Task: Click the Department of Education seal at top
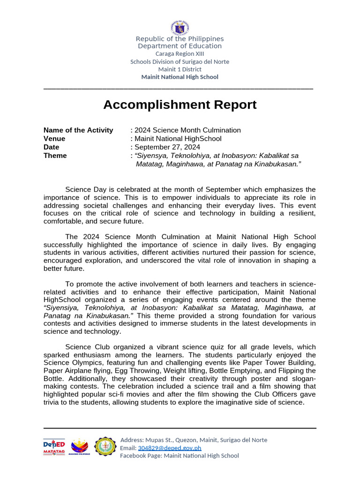click(x=180, y=27)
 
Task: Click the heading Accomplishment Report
click(x=180, y=105)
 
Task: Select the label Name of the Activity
click(x=78, y=130)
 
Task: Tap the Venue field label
click(x=54, y=139)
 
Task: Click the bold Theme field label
click(x=55, y=156)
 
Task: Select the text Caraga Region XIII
click(x=180, y=54)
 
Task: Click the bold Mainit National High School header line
click(x=180, y=77)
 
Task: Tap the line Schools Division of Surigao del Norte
click(x=180, y=61)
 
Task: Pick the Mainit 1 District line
click(x=180, y=69)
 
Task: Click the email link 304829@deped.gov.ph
click(x=169, y=448)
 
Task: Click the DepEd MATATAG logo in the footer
click(x=54, y=447)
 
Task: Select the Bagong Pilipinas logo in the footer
click(x=79, y=447)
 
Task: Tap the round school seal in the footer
click(x=105, y=447)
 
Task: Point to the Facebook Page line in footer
click(x=180, y=456)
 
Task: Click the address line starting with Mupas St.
click(x=194, y=440)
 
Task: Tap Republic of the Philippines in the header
click(x=180, y=39)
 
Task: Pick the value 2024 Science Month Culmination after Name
click(x=187, y=130)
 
